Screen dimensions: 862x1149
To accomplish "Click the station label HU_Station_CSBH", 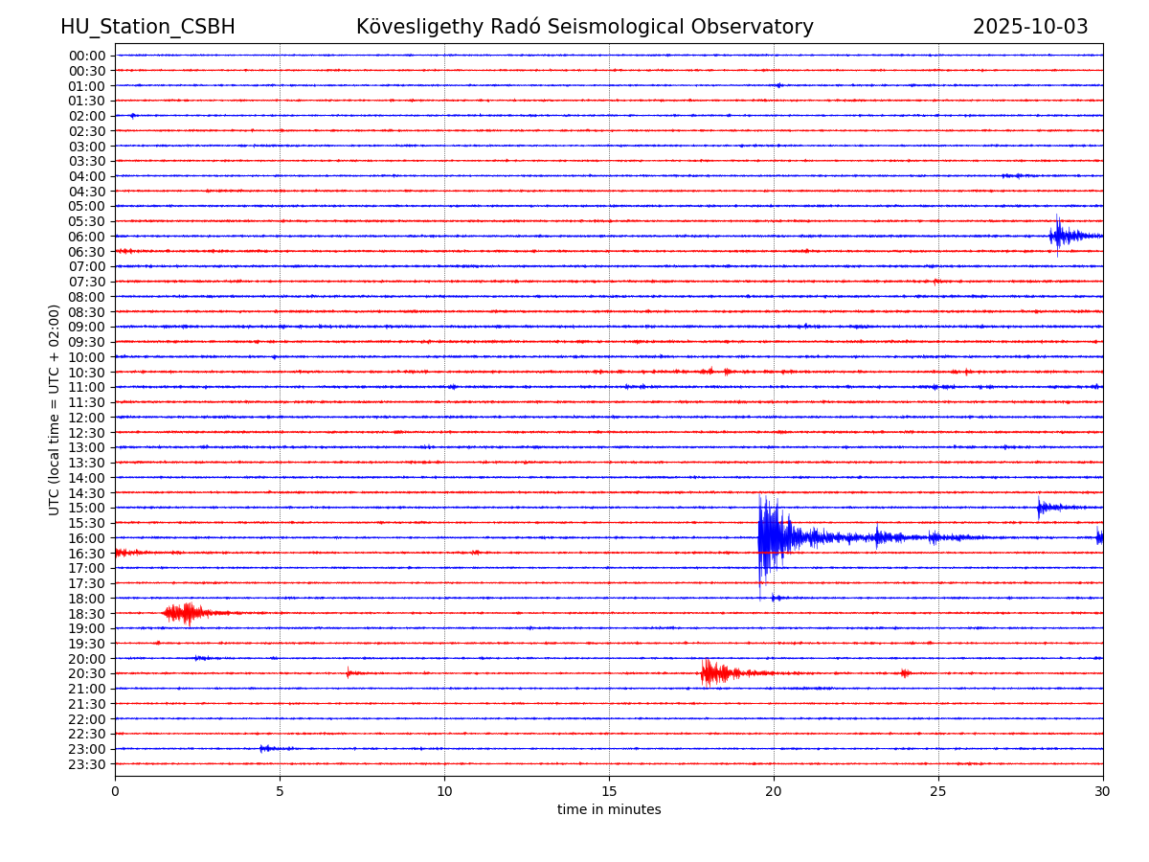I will tap(147, 28).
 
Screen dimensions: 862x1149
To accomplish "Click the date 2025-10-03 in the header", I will tap(1030, 28).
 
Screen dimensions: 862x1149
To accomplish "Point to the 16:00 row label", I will tap(87, 538).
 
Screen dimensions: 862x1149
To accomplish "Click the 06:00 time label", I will tap(87, 237).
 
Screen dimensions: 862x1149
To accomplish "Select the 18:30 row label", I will tap(87, 614).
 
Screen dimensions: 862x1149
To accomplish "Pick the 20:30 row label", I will tap(87, 674).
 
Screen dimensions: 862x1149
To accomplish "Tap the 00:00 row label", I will tap(87, 56).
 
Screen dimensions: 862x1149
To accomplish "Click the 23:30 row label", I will tap(87, 764).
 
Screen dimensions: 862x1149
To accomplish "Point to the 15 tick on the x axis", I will tap(609, 792).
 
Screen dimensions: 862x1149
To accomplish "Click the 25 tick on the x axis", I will tap(938, 792).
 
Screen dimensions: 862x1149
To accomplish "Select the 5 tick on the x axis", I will tap(280, 792).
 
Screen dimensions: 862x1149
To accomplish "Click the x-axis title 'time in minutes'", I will tap(609, 810).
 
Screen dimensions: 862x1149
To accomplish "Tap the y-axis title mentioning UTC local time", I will tap(55, 409).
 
